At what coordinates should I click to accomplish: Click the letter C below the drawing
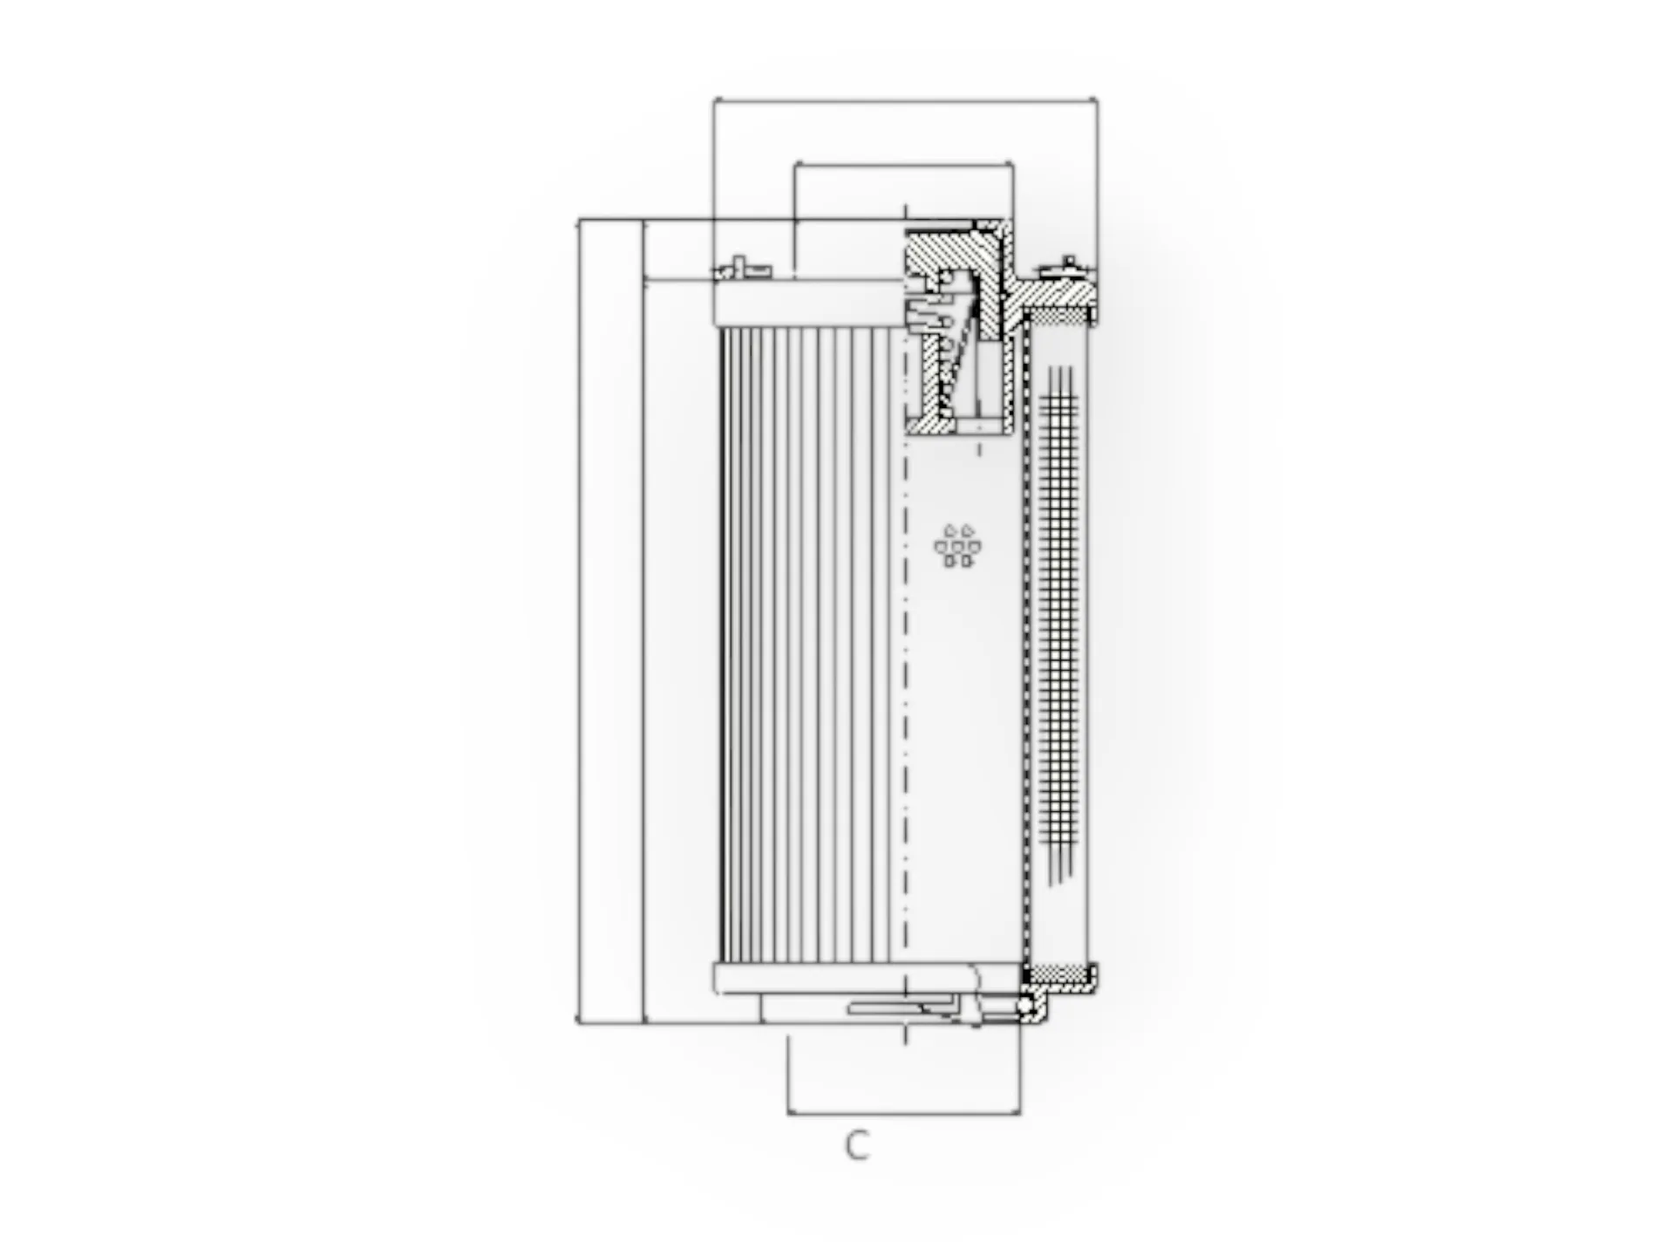(857, 1145)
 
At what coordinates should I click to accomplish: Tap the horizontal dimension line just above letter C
(903, 1113)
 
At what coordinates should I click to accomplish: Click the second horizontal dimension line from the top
(903, 163)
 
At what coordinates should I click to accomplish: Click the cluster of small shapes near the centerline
(957, 546)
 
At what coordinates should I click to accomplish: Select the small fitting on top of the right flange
(1069, 265)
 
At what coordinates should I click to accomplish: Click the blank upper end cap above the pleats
(806, 304)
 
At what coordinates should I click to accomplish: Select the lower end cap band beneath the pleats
(863, 979)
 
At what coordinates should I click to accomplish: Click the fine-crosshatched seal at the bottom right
(1058, 973)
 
